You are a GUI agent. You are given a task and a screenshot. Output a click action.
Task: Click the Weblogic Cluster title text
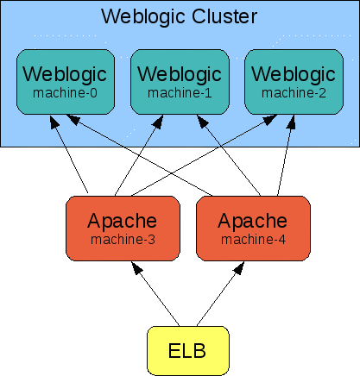click(179, 16)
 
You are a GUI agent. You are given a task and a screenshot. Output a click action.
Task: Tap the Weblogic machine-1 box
click(179, 82)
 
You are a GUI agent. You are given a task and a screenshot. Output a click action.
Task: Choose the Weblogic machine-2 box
click(292, 82)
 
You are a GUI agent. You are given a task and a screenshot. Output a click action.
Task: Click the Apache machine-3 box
click(123, 228)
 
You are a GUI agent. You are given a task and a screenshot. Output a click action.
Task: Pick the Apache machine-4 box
click(253, 228)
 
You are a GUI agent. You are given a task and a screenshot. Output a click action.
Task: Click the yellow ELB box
click(188, 351)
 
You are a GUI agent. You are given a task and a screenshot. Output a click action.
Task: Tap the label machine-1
click(179, 91)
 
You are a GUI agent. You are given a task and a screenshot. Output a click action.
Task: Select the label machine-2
click(292, 91)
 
